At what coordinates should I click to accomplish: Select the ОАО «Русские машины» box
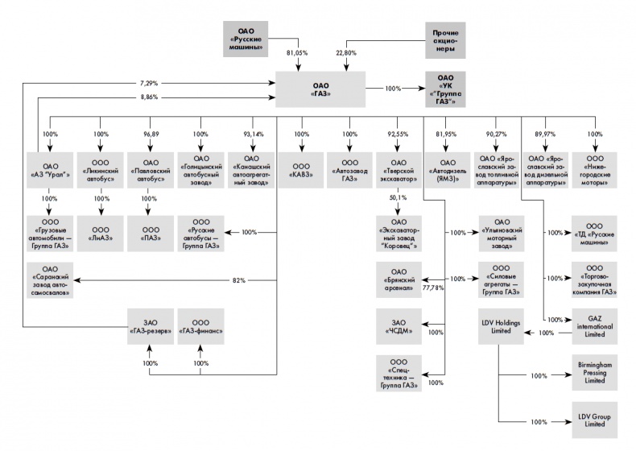(x=246, y=39)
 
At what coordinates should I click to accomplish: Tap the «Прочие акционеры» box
(x=445, y=39)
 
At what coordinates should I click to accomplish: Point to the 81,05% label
(x=297, y=53)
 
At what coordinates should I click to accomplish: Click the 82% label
(x=240, y=280)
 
